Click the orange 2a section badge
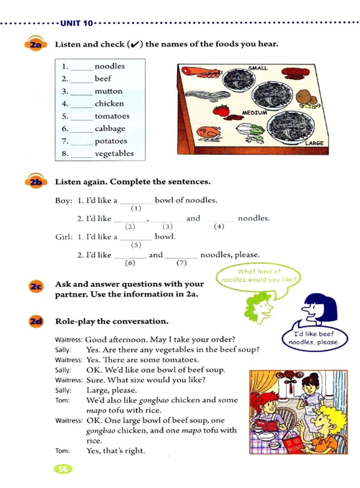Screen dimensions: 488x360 coord(35,44)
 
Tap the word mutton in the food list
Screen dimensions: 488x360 coord(109,91)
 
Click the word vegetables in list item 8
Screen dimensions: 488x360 coord(114,153)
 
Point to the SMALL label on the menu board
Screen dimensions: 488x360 coord(258,68)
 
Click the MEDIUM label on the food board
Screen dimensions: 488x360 coord(254,113)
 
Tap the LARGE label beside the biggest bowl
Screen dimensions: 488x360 coord(314,143)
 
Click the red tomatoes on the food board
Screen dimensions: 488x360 coord(221,110)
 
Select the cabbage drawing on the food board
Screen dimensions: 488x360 coord(250,132)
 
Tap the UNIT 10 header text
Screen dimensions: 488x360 coord(76,24)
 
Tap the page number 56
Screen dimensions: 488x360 coord(63,469)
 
